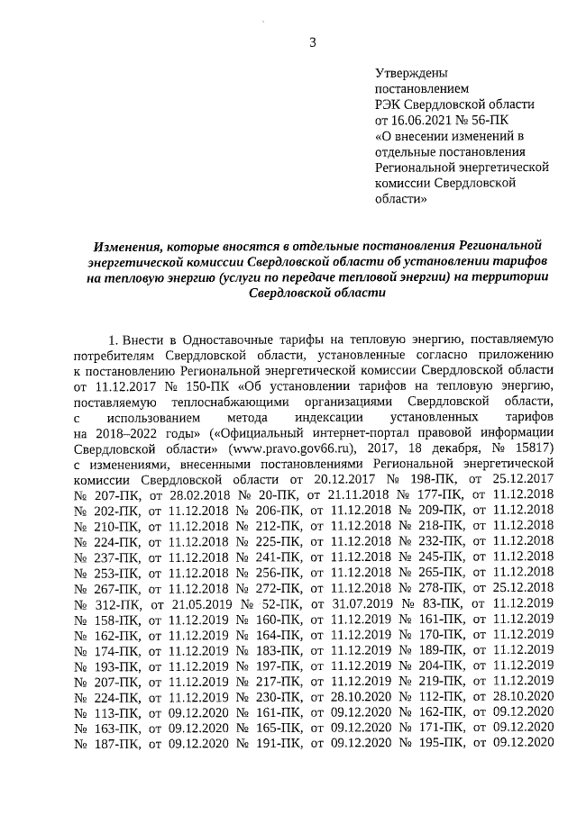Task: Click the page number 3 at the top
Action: click(x=313, y=41)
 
